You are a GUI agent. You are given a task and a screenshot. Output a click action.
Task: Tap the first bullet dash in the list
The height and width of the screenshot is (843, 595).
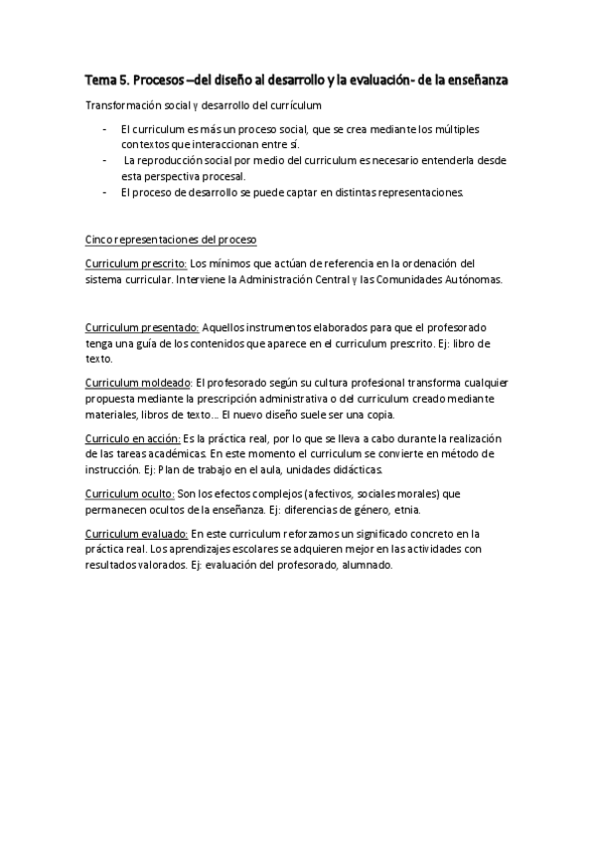(x=106, y=129)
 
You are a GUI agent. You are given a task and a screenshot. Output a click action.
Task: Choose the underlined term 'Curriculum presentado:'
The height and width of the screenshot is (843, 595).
(x=142, y=327)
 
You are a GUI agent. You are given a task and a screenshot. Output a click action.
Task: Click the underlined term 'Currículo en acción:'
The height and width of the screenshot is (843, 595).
(x=132, y=437)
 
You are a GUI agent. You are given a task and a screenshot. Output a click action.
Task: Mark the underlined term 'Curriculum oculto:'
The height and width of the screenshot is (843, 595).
(x=129, y=493)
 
